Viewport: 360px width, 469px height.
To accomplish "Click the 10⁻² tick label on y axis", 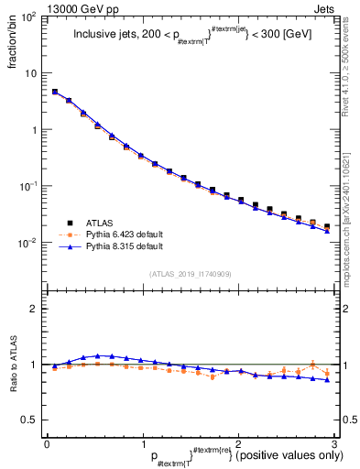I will [x=29, y=243].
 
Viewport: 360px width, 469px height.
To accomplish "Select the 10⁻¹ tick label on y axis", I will [x=29, y=186].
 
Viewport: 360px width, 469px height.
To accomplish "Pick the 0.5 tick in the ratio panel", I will [x=31, y=420].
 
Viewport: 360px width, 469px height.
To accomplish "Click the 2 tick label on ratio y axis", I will [x=36, y=309].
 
